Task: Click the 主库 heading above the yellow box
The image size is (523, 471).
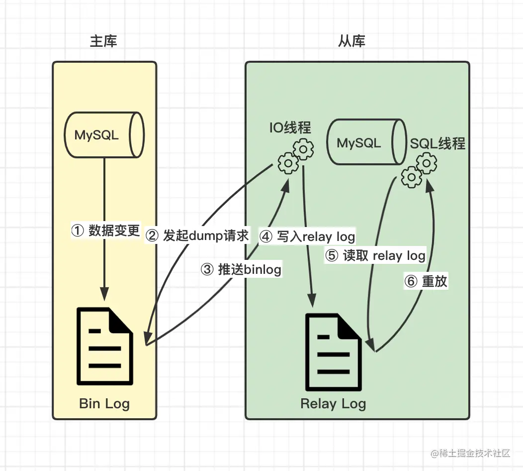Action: coord(103,41)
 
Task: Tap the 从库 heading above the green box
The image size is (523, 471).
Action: coord(351,41)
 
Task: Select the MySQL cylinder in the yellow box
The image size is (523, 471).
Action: coord(105,135)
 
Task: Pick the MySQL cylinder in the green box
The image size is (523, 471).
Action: coord(365,143)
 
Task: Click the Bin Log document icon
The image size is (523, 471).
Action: coord(105,347)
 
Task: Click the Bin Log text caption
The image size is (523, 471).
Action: coord(104,403)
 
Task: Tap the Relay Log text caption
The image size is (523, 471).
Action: coord(333,403)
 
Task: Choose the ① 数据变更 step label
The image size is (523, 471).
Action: coord(106,231)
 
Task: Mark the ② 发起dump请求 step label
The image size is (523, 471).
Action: coord(197,235)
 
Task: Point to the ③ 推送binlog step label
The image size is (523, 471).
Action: coord(241,269)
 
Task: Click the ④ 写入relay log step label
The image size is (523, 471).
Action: coord(308,236)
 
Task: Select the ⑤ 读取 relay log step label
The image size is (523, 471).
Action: coord(375,256)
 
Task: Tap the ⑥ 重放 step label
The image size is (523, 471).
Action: coord(427,281)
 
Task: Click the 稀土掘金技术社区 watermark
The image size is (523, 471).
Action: coord(471,453)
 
